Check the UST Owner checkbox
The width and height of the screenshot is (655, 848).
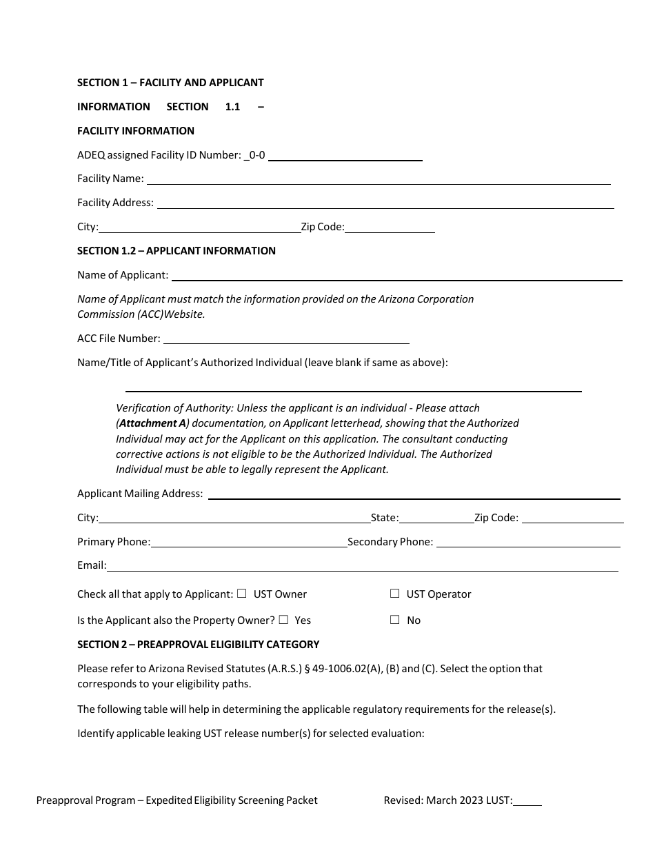click(242, 594)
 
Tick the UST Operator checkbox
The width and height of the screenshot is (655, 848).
click(395, 594)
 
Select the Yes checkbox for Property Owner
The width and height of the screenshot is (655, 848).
click(283, 620)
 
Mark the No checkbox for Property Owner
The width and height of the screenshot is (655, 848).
click(395, 620)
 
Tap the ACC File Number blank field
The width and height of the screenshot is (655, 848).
click(286, 339)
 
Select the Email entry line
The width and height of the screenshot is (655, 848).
click(362, 566)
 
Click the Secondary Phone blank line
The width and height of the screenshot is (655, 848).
click(528, 542)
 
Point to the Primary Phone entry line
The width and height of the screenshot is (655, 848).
click(249, 542)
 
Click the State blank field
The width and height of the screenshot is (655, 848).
click(436, 518)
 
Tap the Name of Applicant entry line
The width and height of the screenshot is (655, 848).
click(396, 275)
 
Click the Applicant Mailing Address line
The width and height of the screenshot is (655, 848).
click(414, 494)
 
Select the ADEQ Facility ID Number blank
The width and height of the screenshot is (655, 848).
click(345, 156)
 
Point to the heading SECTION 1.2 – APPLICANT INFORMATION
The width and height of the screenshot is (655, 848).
click(177, 251)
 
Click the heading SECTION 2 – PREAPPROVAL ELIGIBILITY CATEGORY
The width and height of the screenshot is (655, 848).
click(199, 645)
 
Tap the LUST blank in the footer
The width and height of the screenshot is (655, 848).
click(527, 801)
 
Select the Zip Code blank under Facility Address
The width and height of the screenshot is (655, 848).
click(390, 228)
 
